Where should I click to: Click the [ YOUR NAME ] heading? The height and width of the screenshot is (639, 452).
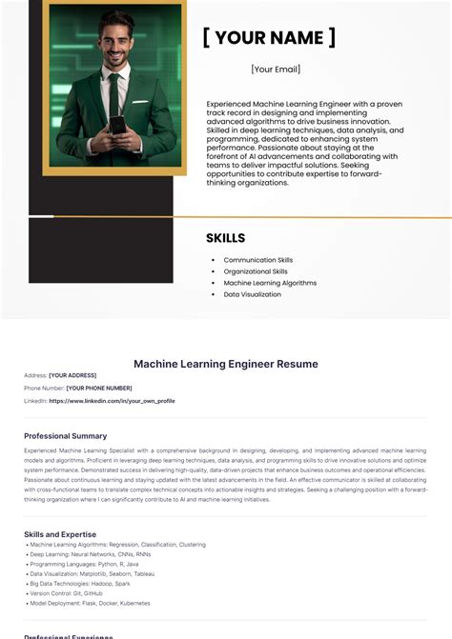click(x=269, y=38)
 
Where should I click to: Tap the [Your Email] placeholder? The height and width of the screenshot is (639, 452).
click(x=276, y=70)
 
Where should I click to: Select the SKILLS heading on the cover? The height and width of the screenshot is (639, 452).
click(x=225, y=238)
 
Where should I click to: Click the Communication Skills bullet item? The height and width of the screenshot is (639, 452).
click(x=257, y=260)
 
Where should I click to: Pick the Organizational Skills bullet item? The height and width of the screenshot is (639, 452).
click(x=255, y=271)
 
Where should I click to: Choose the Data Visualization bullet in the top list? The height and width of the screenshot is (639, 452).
click(x=252, y=294)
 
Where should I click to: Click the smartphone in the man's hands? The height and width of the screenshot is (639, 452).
click(x=115, y=124)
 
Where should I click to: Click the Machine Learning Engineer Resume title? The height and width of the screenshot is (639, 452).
click(x=226, y=364)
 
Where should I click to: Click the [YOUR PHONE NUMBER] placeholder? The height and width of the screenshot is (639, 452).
click(x=98, y=388)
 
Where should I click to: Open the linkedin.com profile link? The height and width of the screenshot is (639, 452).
click(x=112, y=401)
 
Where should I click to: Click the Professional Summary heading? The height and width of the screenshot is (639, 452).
click(x=66, y=436)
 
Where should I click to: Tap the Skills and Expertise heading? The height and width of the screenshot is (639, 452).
click(x=60, y=534)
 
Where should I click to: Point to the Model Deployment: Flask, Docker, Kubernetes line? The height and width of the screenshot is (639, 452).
click(x=90, y=603)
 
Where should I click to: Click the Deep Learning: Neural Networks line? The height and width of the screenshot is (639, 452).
click(x=89, y=554)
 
